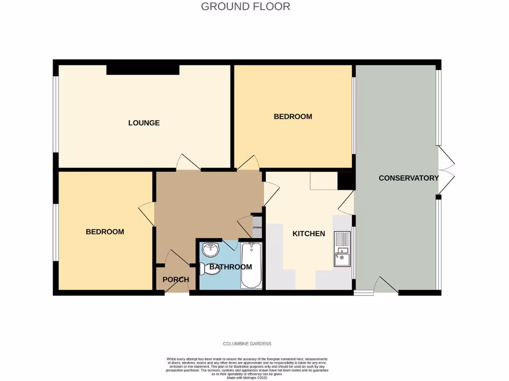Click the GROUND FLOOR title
click(x=246, y=6)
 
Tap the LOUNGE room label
click(x=144, y=123)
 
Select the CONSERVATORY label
click(x=408, y=178)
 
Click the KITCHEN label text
click(x=308, y=234)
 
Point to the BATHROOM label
click(x=230, y=267)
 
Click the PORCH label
click(x=176, y=279)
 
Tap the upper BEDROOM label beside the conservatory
click(x=293, y=117)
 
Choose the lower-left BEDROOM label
click(x=104, y=232)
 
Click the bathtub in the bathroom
click(x=251, y=265)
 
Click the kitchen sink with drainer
click(x=342, y=249)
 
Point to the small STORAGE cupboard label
click(x=257, y=227)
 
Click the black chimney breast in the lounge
click(x=143, y=69)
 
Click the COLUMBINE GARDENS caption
click(x=247, y=344)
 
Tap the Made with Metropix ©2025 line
click(x=247, y=378)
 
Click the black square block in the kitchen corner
click(x=345, y=181)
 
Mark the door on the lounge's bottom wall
click(x=189, y=163)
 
